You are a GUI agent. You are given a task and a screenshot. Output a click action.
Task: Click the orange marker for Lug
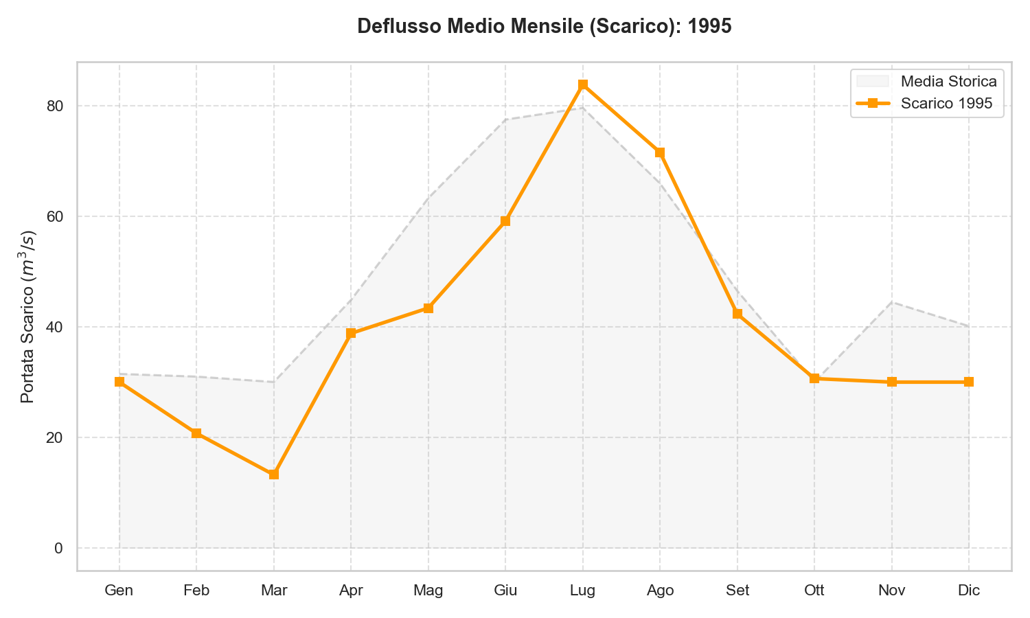[583, 84]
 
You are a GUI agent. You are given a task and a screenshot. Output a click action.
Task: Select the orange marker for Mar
[274, 474]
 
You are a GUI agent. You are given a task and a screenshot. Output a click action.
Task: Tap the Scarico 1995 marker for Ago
[660, 152]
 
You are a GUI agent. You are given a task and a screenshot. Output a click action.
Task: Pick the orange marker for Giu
[505, 221]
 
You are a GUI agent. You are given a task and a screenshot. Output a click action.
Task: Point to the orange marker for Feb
[196, 433]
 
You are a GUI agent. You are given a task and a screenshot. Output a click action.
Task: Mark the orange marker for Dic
[969, 382]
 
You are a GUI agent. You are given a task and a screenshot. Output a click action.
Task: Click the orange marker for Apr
[351, 334]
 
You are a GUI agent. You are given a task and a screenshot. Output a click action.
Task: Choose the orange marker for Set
[737, 314]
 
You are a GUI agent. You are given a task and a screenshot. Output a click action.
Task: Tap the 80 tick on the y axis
[55, 106]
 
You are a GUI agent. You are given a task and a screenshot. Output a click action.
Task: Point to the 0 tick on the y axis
[58, 548]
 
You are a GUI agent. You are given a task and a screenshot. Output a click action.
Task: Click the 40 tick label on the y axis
[55, 327]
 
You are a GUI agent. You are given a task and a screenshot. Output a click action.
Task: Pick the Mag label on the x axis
[428, 591]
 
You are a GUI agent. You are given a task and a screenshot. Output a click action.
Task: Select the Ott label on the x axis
[814, 591]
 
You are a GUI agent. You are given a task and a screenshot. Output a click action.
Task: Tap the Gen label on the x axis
[119, 591]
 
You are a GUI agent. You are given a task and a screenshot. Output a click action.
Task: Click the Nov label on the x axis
[891, 591]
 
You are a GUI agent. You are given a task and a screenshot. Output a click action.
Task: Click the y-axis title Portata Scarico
[28, 317]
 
